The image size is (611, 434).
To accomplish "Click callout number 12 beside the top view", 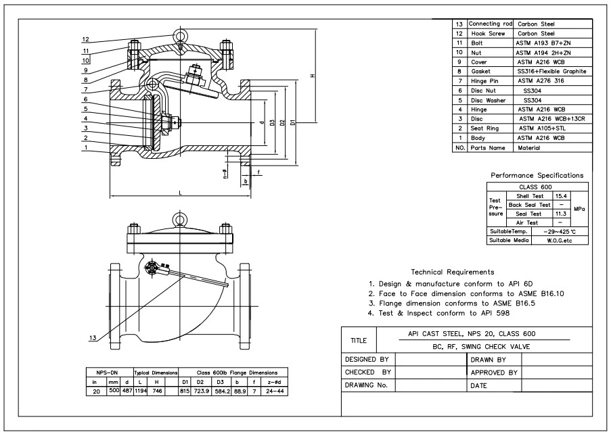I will [x=86, y=39].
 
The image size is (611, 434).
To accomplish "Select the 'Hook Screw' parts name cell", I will [x=486, y=32].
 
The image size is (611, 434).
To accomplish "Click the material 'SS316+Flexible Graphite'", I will [x=551, y=71].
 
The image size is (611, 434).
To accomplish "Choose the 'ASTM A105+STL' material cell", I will [x=541, y=128].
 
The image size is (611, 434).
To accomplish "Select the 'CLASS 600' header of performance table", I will [x=536, y=187].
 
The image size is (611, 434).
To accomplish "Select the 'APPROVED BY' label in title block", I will [x=494, y=372].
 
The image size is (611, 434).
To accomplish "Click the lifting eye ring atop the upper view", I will [x=180, y=34].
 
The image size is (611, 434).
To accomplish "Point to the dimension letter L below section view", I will [x=180, y=193].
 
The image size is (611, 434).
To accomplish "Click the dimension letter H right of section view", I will [x=312, y=76].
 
